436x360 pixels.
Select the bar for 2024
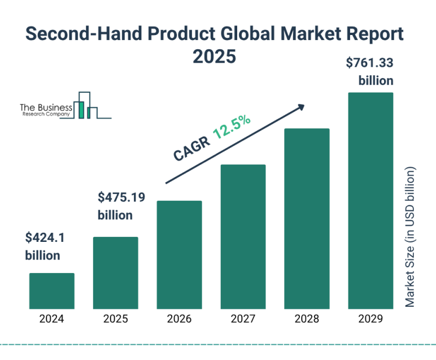coord(51,290)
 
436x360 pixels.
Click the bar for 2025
coord(115,272)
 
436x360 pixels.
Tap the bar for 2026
coord(179,254)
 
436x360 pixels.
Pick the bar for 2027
coord(243,236)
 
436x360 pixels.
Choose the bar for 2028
coord(307,218)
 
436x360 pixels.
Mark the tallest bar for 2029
coord(370,200)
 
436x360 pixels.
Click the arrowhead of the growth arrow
coord(300,107)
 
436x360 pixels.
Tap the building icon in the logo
coord(87,106)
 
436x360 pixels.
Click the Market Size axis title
coord(410,237)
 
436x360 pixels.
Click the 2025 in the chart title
coord(214,57)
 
